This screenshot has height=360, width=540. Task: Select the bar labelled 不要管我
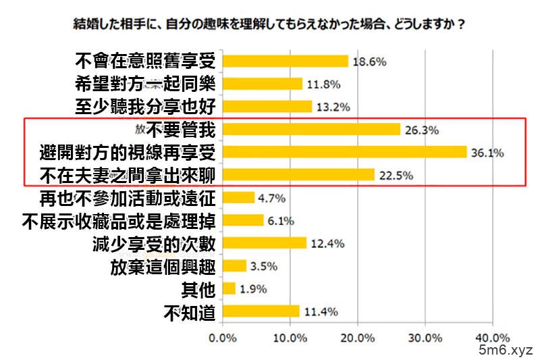click(x=311, y=129)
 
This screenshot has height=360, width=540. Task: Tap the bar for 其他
click(x=229, y=288)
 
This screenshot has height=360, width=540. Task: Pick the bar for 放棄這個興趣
click(x=234, y=265)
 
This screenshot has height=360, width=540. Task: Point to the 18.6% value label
click(x=369, y=61)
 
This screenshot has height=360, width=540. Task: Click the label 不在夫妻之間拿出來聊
click(x=124, y=175)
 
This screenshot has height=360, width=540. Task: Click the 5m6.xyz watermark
click(x=506, y=350)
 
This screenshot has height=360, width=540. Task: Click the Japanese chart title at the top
click(x=269, y=24)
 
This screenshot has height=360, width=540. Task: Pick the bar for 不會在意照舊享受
click(x=285, y=61)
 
